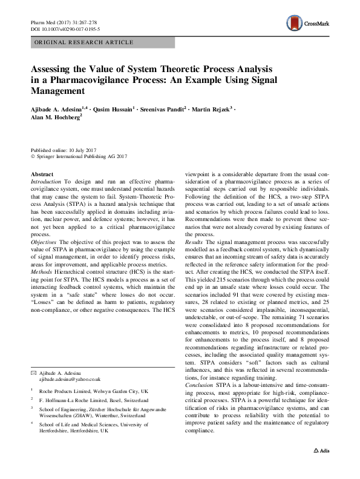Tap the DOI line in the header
pyautogui.click(x=65, y=28)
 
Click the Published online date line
pyautogui.click(x=64, y=150)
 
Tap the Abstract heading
pyautogui.click(x=42, y=174)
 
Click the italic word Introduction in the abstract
pyautogui.click(x=46, y=182)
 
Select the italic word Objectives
pyautogui.click(x=44, y=241)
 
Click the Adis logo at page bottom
pyautogui.click(x=320, y=468)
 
